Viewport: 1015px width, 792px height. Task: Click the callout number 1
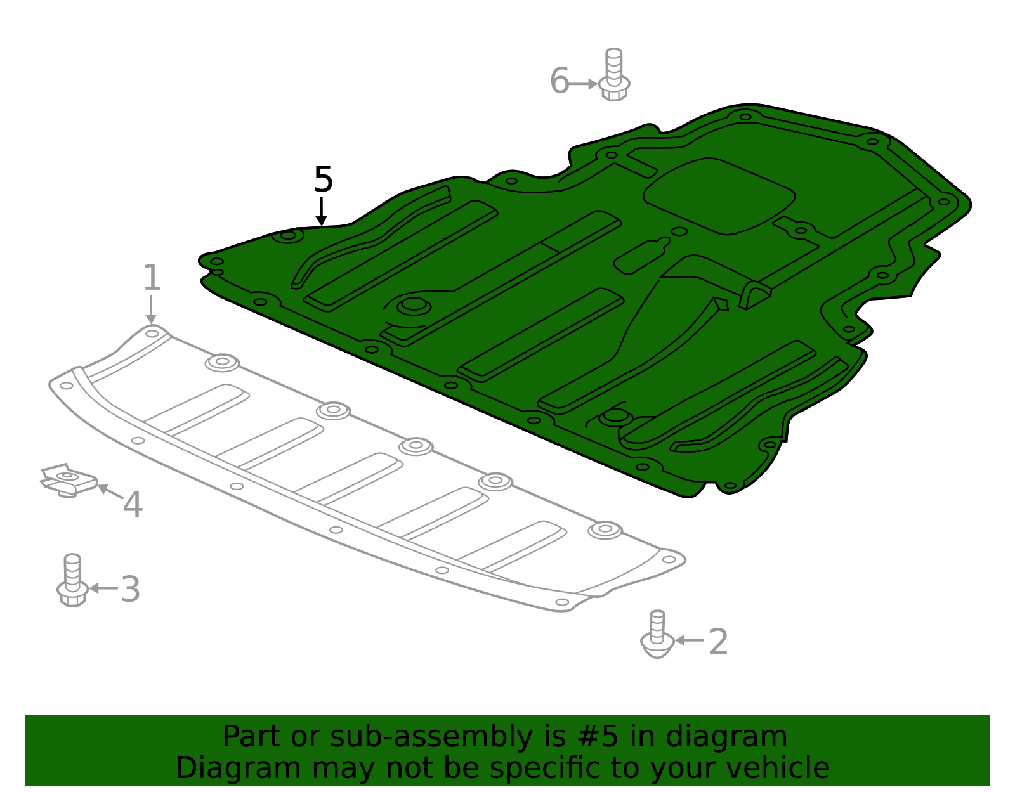[152, 278]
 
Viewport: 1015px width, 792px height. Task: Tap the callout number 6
[560, 81]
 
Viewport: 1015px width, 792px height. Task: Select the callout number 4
[133, 505]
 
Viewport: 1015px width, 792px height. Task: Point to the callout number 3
[130, 589]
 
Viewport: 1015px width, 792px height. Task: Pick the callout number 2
[718, 642]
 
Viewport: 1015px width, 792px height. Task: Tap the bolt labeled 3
[72, 580]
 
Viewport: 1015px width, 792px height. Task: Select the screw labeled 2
[657, 635]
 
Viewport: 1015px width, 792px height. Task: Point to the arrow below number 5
[322, 211]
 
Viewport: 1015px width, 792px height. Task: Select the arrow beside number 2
[690, 640]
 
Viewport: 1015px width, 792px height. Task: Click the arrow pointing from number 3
[103, 588]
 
